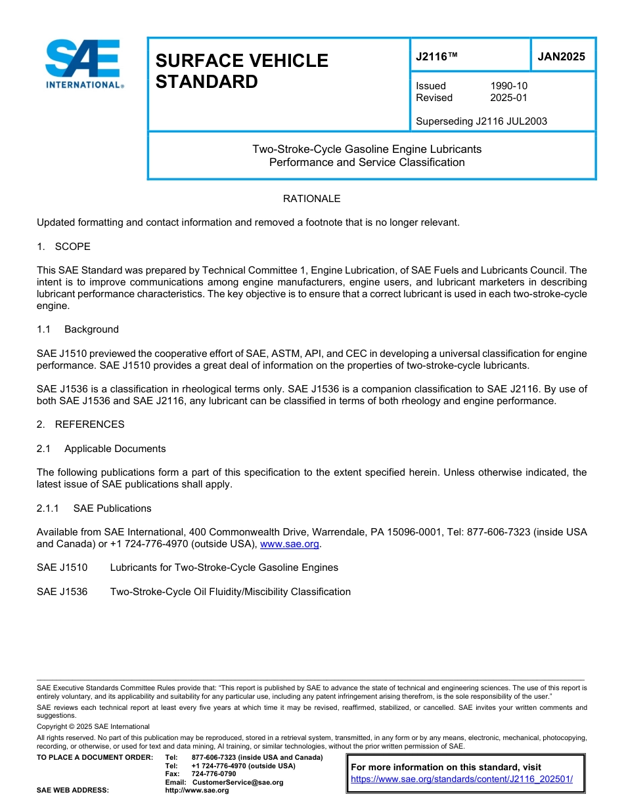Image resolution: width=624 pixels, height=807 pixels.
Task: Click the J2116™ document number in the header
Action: [437, 56]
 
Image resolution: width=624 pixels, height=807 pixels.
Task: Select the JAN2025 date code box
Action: [562, 56]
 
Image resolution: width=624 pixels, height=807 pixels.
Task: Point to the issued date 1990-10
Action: [508, 86]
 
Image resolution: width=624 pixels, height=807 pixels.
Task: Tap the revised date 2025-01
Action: [508, 98]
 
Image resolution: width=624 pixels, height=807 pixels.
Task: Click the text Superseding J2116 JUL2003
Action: [481, 121]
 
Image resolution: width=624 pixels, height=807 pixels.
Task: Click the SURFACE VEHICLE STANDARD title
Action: [241, 71]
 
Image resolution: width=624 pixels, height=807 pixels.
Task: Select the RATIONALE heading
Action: [311, 199]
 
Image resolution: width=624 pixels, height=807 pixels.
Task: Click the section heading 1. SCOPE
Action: [64, 247]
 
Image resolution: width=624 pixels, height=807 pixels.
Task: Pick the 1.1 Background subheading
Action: [78, 329]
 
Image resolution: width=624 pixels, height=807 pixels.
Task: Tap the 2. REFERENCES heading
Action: [80, 424]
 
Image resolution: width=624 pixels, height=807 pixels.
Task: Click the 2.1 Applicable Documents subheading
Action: [101, 449]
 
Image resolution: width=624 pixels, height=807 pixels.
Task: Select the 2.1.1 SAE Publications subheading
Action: [94, 508]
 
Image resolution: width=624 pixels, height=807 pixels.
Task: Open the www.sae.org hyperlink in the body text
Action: [290, 544]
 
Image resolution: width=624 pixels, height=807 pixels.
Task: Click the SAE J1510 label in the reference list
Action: [62, 568]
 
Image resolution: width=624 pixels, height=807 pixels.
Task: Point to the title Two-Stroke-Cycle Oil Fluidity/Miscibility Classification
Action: [230, 592]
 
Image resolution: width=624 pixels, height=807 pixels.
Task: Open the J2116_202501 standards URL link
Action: [462, 779]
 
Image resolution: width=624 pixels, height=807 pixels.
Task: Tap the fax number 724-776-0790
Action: [213, 774]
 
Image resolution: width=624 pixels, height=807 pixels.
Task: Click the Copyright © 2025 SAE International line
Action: [93, 727]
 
